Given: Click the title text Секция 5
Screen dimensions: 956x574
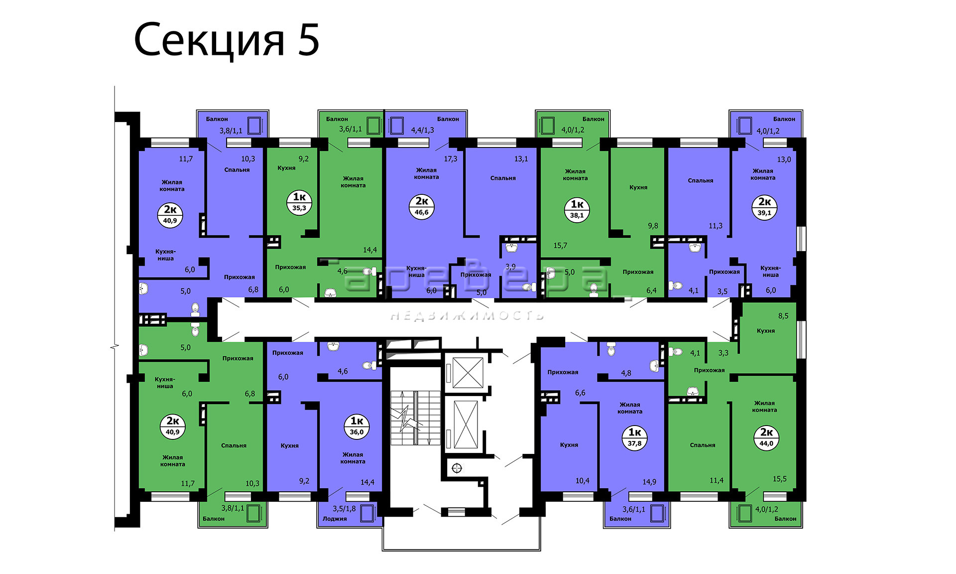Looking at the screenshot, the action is click(x=227, y=40).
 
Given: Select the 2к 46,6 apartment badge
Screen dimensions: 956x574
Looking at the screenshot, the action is click(x=422, y=206).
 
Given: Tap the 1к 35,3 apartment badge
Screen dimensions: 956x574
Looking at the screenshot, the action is click(x=299, y=202).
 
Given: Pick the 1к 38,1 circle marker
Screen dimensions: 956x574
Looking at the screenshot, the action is click(x=577, y=210).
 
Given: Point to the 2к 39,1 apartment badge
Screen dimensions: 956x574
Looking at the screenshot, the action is click(x=764, y=207).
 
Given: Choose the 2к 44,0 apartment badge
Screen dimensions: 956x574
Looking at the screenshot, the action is click(x=766, y=438).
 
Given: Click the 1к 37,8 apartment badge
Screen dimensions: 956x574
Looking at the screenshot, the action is click(x=634, y=438).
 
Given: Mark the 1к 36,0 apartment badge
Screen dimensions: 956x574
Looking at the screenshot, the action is click(x=357, y=427).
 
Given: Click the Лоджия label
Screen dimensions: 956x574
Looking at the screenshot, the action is click(x=335, y=519).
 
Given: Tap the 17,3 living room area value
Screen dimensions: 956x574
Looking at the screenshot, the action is click(x=450, y=158).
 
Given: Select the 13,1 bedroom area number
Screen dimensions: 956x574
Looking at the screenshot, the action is click(x=521, y=158).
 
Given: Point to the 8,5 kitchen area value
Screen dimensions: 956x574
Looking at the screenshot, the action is click(x=783, y=316).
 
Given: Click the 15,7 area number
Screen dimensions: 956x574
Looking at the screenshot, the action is click(x=560, y=245).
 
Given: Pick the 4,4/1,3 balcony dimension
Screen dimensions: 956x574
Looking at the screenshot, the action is click(x=422, y=130).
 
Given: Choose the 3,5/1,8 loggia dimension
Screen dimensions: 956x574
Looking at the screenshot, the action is click(x=344, y=509).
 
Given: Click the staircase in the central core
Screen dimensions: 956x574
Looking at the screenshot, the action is click(x=415, y=418).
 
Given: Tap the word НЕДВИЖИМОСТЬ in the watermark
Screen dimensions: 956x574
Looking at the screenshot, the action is click(x=467, y=315).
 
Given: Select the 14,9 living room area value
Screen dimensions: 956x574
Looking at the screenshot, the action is click(x=649, y=482).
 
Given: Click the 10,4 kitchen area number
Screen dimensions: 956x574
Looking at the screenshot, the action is click(x=582, y=481).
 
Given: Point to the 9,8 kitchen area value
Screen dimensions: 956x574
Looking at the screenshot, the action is click(x=653, y=226).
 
